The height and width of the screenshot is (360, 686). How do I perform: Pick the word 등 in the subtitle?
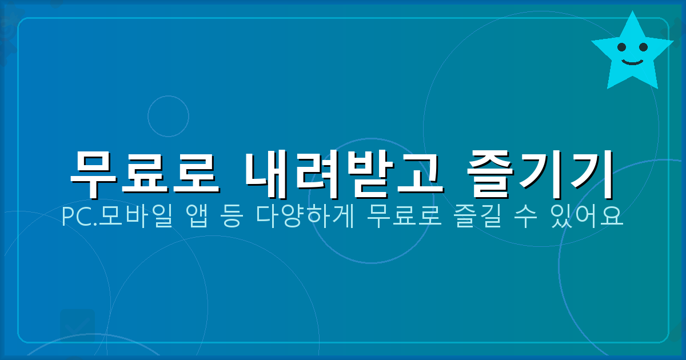pos(231,217)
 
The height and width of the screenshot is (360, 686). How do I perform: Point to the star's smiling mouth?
pos(632,60)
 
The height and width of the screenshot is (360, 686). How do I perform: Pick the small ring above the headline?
pos(168,116)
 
